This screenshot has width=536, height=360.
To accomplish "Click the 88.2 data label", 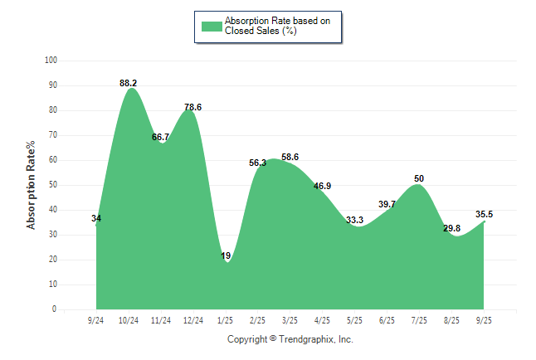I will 129,83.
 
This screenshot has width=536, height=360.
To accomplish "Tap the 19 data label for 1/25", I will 226,256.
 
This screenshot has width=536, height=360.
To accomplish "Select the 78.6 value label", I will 192,107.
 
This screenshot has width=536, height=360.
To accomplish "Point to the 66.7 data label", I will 161,137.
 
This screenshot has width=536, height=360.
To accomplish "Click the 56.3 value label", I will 258,163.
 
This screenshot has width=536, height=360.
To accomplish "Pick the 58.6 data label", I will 290,157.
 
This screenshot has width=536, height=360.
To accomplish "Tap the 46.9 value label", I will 323,186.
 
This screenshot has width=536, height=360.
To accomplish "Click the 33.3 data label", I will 355,220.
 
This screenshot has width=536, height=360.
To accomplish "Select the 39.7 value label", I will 387,204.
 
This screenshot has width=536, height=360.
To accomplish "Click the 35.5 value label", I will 485,214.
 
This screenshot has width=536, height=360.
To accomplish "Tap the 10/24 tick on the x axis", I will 128,320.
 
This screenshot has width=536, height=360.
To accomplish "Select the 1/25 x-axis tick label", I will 226,320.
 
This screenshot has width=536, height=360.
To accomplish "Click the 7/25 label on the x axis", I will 420,320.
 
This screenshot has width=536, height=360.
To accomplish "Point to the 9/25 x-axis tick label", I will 485,320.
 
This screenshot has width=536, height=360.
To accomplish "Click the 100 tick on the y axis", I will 51,61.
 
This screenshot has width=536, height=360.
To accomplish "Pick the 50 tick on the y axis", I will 52,185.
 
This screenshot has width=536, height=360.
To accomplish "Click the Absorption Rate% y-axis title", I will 32,185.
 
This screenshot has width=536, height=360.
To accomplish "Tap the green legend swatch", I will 212,26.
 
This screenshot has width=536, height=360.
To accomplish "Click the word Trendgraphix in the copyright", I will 306,339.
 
